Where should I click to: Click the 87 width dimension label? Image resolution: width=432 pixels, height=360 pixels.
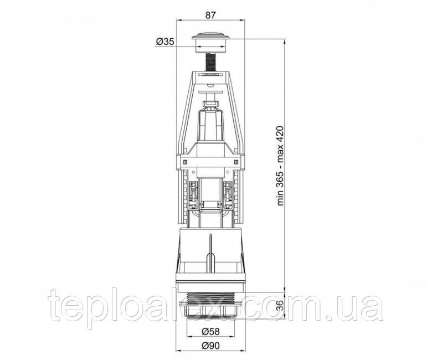click(x=210, y=15)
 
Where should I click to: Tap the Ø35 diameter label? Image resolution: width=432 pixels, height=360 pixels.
click(x=165, y=42)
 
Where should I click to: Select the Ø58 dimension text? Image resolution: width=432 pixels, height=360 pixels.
click(x=210, y=332)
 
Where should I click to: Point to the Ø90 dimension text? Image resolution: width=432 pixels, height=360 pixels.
click(x=210, y=346)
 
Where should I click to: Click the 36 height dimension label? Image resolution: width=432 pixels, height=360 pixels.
click(x=280, y=305)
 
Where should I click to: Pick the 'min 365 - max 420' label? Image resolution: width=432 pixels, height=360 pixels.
click(x=280, y=166)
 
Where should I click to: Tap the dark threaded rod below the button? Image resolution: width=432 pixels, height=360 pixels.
click(x=211, y=62)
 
